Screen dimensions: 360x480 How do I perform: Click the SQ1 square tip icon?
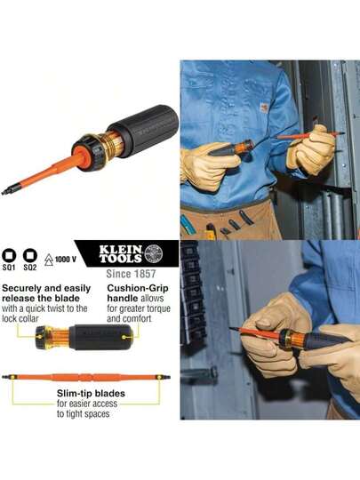9,255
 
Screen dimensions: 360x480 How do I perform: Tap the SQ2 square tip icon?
30,255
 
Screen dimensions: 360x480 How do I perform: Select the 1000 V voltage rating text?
66,260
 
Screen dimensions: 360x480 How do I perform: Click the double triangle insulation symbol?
49,260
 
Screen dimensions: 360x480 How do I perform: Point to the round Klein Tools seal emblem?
154,253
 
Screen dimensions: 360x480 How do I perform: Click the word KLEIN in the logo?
120,249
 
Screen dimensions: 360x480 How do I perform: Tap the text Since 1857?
131,274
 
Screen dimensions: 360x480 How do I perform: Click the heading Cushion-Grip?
138,288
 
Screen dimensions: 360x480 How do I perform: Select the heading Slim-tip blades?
91,393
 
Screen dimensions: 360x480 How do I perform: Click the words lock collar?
20,318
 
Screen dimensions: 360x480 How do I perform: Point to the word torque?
158,308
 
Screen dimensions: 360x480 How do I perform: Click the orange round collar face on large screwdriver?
82,158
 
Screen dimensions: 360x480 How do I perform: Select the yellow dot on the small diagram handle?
124,337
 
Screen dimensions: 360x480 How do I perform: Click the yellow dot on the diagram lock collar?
40,337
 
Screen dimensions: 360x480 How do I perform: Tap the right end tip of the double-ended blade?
169,377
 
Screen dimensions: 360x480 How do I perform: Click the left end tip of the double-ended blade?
4,377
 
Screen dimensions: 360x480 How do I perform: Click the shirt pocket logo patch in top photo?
264,108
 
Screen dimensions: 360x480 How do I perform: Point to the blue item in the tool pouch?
185,225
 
